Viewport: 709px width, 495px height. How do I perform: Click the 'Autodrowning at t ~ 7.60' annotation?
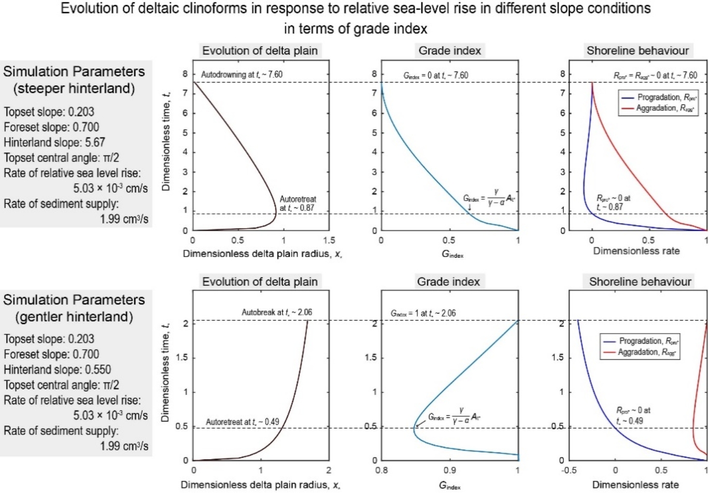click(x=242, y=75)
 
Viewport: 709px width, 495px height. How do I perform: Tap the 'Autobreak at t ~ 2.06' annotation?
click(x=277, y=313)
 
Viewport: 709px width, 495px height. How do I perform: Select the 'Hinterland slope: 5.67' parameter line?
click(x=54, y=143)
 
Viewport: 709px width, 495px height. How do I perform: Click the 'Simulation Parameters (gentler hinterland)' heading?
click(x=74, y=308)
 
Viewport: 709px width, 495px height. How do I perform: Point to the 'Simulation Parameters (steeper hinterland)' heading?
click(x=74, y=80)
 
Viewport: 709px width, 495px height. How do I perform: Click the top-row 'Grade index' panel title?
click(x=450, y=51)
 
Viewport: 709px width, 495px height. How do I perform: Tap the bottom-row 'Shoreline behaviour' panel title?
click(x=640, y=282)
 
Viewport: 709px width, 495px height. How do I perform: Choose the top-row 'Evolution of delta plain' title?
click(x=260, y=51)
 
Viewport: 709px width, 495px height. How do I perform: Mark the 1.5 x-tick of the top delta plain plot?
click(x=329, y=241)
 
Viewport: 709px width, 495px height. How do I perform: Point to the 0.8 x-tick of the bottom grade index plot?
click(x=381, y=471)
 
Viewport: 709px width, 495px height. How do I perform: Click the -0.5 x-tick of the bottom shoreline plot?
click(x=569, y=471)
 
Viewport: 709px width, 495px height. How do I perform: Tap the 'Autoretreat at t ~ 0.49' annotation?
click(x=243, y=422)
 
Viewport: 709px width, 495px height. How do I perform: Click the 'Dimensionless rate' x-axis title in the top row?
click(x=636, y=251)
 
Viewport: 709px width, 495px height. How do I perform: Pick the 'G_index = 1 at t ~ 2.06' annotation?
click(x=423, y=314)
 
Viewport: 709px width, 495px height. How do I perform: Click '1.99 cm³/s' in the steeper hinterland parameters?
click(x=124, y=219)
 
